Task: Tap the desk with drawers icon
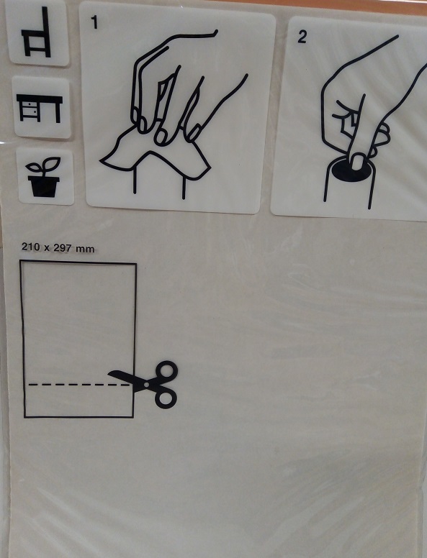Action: click(40, 108)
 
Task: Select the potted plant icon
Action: click(44, 177)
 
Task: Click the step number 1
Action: click(94, 22)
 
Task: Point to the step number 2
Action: click(302, 37)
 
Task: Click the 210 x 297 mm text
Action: click(58, 247)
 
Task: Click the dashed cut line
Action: click(78, 385)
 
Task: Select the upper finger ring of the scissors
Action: click(166, 372)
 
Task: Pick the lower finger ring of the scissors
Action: click(166, 398)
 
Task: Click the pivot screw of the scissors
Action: click(145, 385)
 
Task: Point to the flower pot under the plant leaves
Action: click(44, 186)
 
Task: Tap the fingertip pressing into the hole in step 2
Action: click(357, 162)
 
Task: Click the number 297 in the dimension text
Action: click(62, 247)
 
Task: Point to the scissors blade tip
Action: click(109, 372)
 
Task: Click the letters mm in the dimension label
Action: click(85, 249)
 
